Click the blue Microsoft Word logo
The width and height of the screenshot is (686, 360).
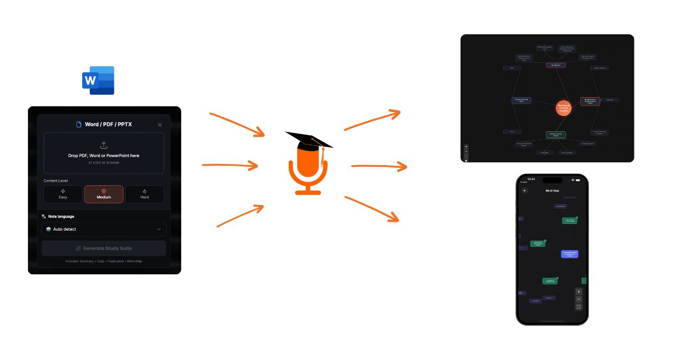(x=98, y=81)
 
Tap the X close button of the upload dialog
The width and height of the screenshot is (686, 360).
(x=159, y=125)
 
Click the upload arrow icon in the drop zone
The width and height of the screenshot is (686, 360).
(x=103, y=145)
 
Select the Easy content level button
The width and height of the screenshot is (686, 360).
(x=63, y=194)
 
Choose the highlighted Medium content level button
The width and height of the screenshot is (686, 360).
(x=103, y=194)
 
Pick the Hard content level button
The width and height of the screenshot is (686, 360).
(x=145, y=194)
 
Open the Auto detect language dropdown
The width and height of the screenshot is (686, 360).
(x=103, y=229)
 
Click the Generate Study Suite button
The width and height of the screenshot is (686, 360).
(x=103, y=248)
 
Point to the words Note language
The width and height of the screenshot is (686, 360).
(x=61, y=217)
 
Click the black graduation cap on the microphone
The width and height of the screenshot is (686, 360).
(x=309, y=139)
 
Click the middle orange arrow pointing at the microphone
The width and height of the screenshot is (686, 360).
(x=230, y=166)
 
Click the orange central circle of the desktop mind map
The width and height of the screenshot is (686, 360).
(x=564, y=107)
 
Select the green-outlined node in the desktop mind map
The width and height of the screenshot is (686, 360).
(x=555, y=135)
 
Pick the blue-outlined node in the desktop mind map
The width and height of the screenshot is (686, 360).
(x=521, y=101)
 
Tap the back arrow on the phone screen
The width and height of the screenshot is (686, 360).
(x=525, y=190)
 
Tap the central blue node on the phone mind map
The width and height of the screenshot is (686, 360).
(x=569, y=254)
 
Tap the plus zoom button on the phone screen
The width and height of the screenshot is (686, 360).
(x=579, y=291)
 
